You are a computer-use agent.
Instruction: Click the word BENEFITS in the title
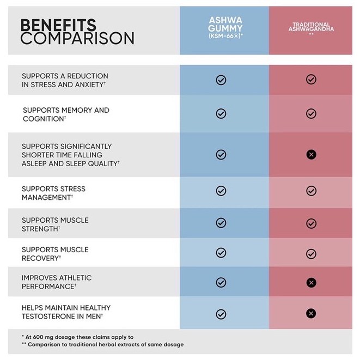tap(58, 25)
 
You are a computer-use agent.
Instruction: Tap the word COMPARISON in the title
tap(77, 39)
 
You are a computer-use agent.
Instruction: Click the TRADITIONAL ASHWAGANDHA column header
tap(310, 28)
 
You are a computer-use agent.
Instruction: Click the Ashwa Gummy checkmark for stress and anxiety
tap(221, 80)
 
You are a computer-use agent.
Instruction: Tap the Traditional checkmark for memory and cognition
tap(311, 114)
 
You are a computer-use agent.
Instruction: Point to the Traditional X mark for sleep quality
tap(311, 155)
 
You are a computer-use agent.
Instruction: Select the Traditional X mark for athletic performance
tap(311, 282)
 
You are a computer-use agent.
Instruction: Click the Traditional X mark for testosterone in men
tap(311, 313)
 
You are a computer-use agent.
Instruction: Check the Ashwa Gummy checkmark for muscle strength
tap(221, 223)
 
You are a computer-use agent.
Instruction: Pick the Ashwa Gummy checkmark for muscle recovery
tap(221, 253)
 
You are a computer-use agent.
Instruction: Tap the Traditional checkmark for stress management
tap(311, 191)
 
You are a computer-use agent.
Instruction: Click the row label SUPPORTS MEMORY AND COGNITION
tap(65, 114)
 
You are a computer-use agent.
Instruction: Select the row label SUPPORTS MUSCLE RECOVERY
tap(55, 253)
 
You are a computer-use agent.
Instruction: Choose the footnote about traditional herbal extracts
tap(102, 345)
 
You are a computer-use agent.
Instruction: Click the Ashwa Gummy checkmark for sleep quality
tap(221, 155)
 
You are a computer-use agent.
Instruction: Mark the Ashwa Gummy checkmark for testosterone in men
tap(221, 314)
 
